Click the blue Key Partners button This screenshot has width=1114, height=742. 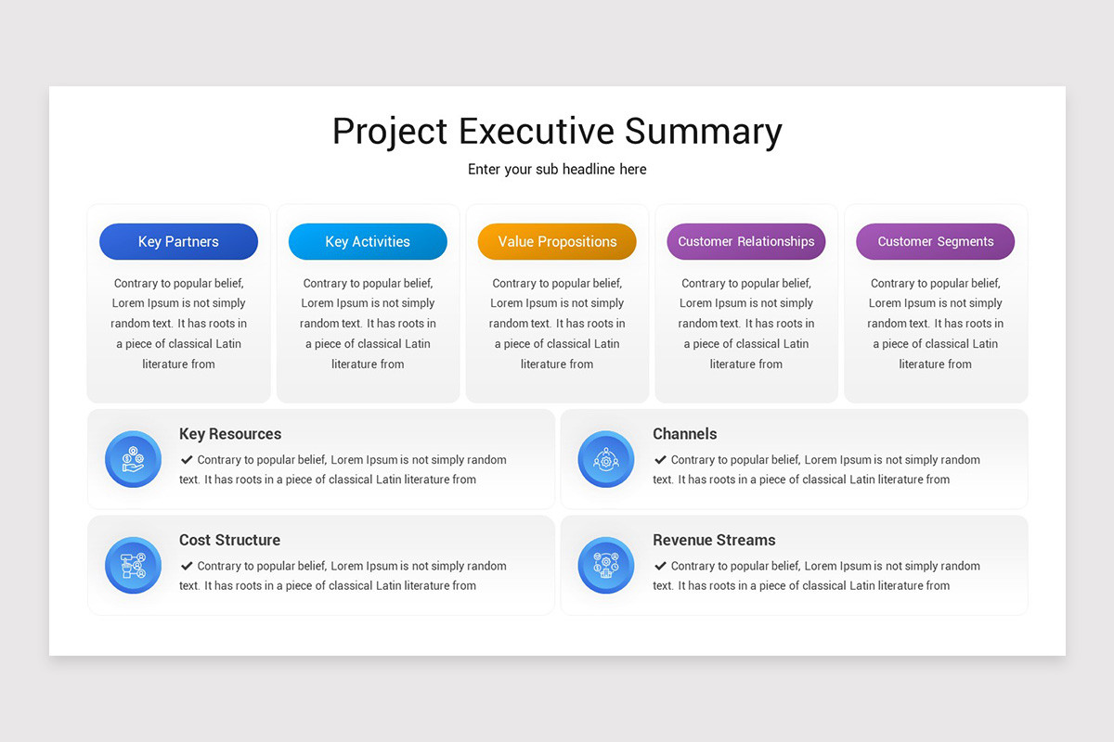pos(178,241)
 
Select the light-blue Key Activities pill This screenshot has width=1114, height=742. pos(368,241)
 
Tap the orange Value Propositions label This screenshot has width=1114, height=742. pos(557,241)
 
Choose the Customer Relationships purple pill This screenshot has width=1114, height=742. pos(745,241)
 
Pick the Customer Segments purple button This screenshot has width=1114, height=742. pos(935,241)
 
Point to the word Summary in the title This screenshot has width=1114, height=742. pos(703,131)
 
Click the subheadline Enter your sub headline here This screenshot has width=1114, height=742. pos(557,169)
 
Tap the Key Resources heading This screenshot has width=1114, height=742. pos(230,433)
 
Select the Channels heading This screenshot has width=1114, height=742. pos(684,433)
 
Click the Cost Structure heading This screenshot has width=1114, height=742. pos(229,540)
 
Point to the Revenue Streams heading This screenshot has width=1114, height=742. pos(714,540)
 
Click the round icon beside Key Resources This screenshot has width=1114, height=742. pos(133,459)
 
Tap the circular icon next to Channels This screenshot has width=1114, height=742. pos(606,459)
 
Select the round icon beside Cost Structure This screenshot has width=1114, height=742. pos(133,565)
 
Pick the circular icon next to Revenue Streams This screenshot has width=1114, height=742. pos(606,565)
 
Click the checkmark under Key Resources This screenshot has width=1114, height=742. pos(187,459)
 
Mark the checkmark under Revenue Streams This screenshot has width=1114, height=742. pos(660,565)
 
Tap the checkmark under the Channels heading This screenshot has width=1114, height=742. pos(660,459)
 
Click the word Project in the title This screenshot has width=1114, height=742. pos(390,131)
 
